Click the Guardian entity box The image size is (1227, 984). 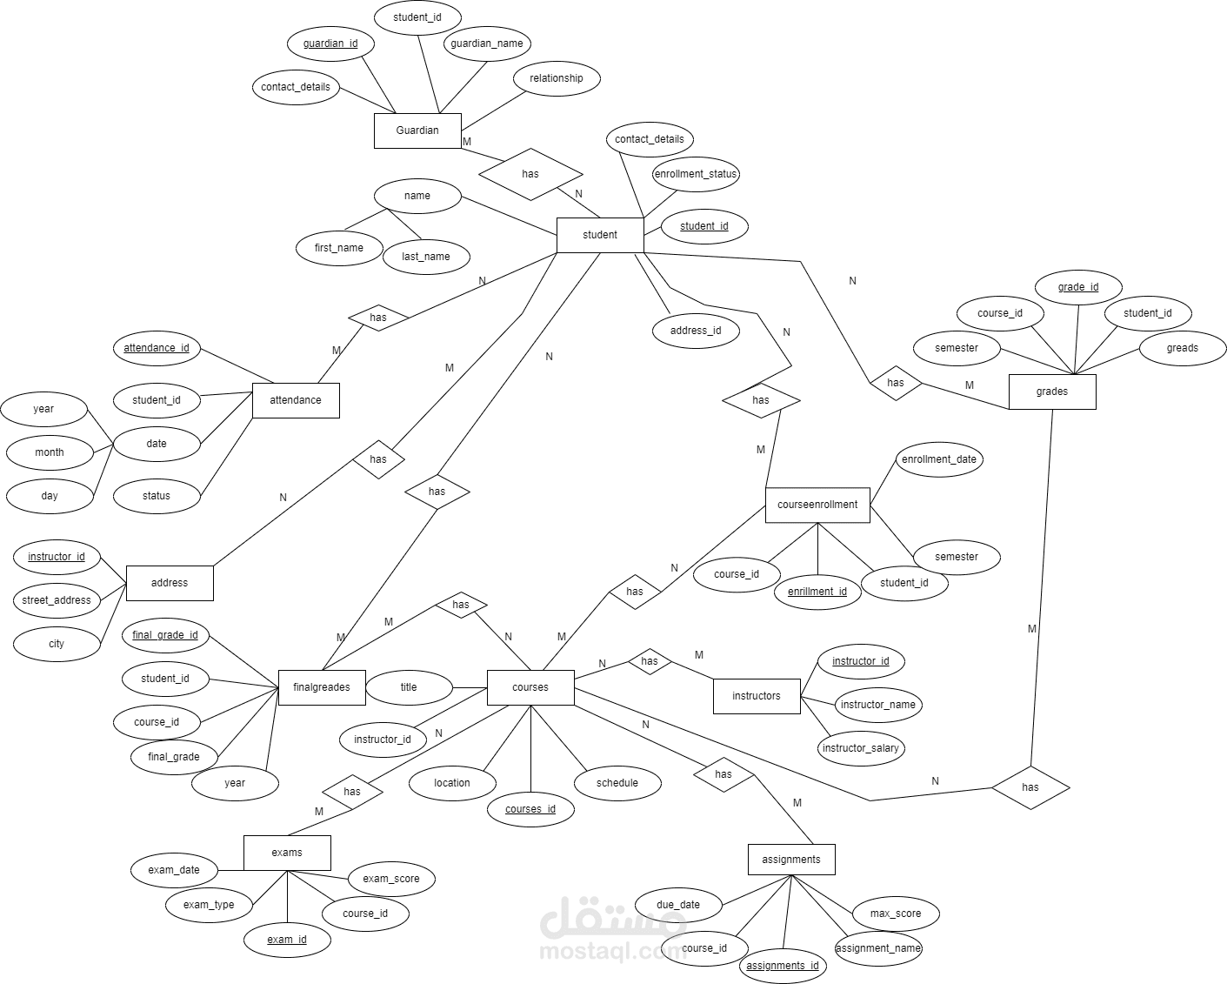click(417, 131)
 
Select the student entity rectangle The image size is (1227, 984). click(600, 235)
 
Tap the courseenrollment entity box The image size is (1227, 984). click(817, 505)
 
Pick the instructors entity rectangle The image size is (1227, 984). click(757, 696)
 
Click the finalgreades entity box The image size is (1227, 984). click(322, 687)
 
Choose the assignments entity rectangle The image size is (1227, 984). click(791, 859)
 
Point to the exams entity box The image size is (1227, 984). click(287, 853)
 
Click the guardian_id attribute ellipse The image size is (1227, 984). click(330, 44)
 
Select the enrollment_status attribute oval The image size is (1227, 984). click(696, 174)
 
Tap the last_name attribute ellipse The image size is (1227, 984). click(426, 257)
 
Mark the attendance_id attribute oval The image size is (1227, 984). click(157, 348)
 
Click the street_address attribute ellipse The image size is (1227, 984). click(57, 600)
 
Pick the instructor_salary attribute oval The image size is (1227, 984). click(861, 748)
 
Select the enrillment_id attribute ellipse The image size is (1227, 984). click(817, 592)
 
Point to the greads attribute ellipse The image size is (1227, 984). click(1183, 348)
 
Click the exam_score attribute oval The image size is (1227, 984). click(391, 879)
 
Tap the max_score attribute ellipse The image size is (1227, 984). click(896, 914)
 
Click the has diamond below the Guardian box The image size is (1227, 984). click(530, 174)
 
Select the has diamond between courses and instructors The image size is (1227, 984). click(650, 661)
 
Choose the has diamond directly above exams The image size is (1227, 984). click(352, 792)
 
